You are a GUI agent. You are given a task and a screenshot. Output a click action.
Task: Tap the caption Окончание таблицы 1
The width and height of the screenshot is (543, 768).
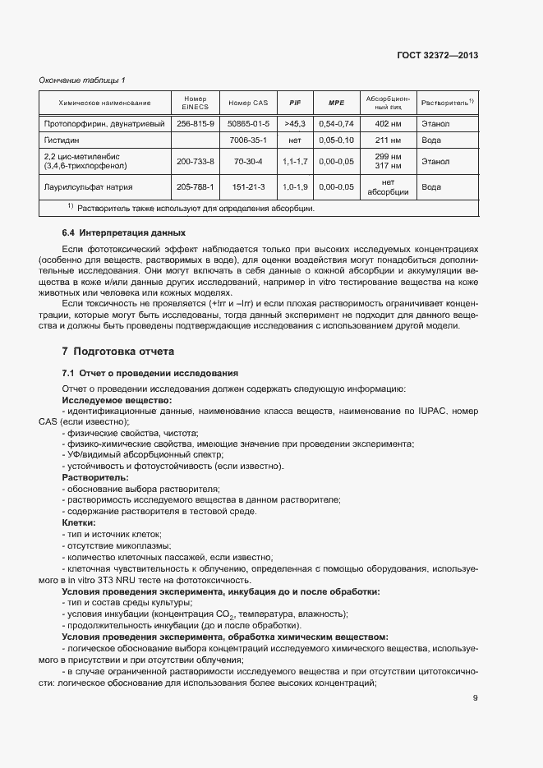82,80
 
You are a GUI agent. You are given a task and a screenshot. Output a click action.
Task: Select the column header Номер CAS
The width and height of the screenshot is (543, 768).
248,103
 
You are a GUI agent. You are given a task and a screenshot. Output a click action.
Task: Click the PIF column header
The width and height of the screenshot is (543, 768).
295,103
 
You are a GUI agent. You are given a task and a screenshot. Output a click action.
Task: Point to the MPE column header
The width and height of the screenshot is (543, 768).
336,103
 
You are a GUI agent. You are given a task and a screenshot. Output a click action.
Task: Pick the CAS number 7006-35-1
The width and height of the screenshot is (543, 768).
248,140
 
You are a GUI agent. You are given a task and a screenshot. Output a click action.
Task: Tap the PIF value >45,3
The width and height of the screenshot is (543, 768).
295,123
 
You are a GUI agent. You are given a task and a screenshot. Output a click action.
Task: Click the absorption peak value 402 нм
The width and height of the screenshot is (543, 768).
386,123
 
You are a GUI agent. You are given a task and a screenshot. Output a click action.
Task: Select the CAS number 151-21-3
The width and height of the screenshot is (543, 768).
248,186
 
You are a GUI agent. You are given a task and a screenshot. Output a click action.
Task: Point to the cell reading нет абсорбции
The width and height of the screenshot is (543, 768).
388,186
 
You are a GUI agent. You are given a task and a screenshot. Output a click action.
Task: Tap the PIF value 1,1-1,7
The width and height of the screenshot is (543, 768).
295,162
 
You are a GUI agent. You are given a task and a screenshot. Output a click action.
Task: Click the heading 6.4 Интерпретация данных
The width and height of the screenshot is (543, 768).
118,232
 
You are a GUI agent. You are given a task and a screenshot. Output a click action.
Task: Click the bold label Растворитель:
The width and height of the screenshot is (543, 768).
95,476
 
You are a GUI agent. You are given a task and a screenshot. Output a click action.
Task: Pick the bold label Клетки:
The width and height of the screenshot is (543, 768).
79,522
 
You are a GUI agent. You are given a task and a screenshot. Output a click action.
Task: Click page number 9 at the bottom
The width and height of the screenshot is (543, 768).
475,699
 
